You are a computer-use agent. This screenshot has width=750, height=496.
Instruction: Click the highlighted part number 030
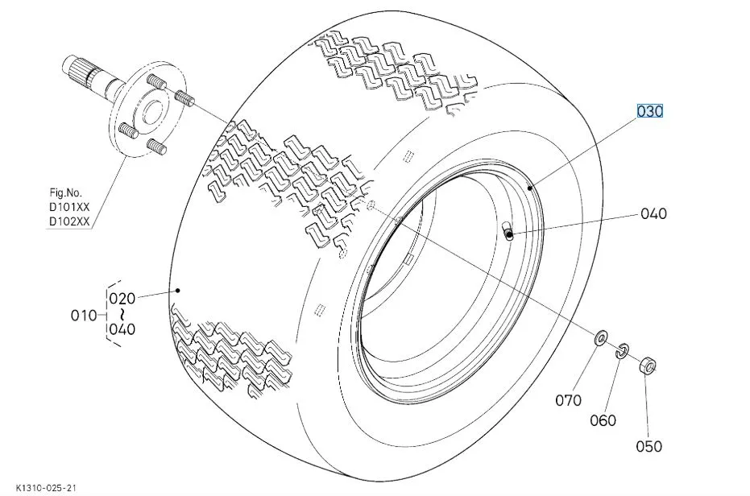(x=650, y=111)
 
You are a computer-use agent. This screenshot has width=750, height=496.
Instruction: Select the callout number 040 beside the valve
(x=653, y=213)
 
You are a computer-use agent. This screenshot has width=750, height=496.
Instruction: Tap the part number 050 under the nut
(x=649, y=446)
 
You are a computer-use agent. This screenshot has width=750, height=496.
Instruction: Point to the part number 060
(x=603, y=420)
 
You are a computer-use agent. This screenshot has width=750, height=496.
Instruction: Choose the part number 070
(x=569, y=400)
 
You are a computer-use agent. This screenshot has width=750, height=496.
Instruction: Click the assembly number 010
(x=84, y=315)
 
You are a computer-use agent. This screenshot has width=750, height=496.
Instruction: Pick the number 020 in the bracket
(x=122, y=299)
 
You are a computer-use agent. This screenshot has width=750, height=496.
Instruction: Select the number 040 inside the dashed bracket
(x=122, y=329)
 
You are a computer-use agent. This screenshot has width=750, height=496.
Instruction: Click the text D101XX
(x=69, y=208)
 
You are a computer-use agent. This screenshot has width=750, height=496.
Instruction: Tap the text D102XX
(x=69, y=222)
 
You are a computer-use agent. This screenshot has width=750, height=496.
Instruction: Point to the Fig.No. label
(x=66, y=192)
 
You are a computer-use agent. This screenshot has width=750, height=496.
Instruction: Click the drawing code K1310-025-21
(x=45, y=488)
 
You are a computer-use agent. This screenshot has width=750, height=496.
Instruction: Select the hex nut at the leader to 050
(x=648, y=366)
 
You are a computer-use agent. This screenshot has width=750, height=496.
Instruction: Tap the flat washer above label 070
(x=600, y=338)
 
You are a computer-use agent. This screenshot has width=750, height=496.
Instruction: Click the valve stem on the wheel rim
(x=507, y=229)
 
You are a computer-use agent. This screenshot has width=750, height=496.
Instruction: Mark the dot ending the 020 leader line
(x=178, y=291)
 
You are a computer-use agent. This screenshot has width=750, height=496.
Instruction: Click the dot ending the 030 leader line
(x=530, y=188)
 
